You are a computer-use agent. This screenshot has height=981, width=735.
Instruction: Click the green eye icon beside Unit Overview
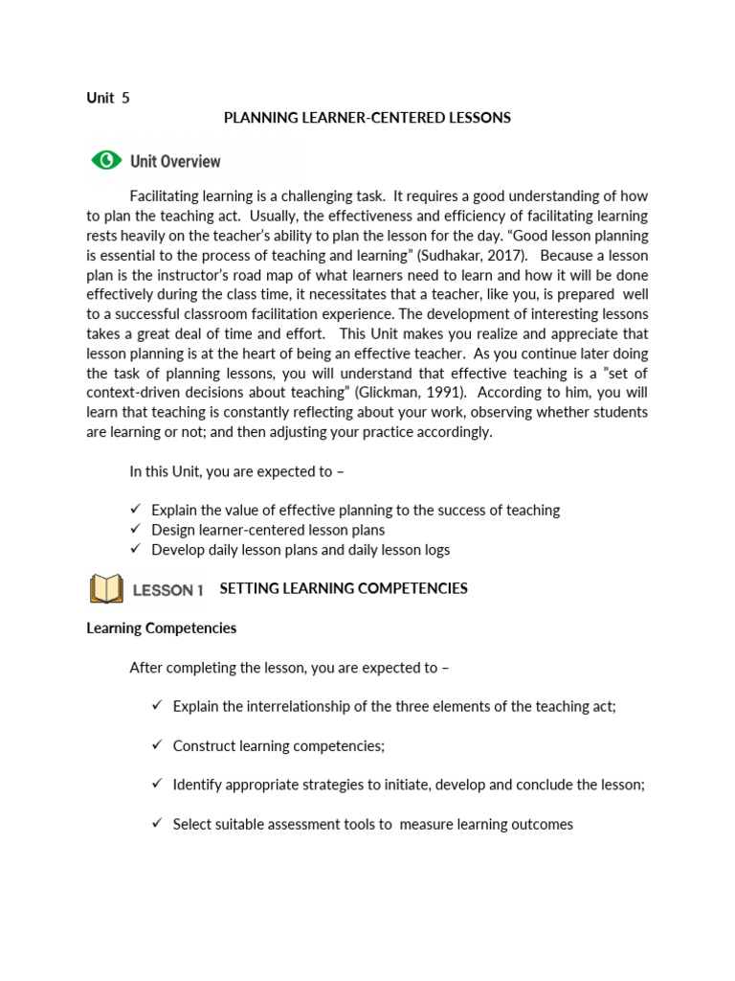click(106, 161)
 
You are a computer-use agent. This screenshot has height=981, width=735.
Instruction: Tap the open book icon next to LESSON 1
click(106, 589)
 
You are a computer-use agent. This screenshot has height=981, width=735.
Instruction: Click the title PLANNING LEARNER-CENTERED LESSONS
click(367, 118)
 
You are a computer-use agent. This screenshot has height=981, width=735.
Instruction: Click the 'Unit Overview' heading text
click(175, 162)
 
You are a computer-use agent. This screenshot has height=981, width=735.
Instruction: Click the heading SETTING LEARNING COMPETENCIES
click(344, 588)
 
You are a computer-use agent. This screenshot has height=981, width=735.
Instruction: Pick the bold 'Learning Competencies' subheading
click(161, 628)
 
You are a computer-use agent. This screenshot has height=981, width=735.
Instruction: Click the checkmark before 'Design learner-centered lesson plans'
click(135, 530)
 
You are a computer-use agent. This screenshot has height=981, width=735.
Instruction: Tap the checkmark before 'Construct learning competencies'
click(157, 744)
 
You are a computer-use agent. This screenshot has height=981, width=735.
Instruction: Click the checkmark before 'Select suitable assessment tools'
click(157, 823)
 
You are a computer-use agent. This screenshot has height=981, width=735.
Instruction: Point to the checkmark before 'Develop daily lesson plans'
click(135, 549)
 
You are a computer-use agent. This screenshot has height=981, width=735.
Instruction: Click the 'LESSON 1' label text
click(167, 590)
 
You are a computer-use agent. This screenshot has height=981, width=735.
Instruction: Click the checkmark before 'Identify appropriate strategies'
click(157, 784)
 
